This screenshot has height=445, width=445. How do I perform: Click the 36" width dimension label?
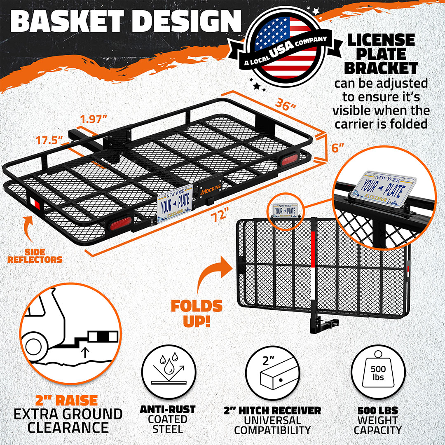286,105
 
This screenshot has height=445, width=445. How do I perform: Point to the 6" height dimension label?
338,148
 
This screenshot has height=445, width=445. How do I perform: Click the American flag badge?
286,47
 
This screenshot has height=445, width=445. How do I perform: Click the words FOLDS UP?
197,313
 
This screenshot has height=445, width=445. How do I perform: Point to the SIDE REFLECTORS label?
35,256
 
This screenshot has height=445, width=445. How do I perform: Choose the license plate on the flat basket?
175,203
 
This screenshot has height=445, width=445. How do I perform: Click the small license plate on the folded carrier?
286,210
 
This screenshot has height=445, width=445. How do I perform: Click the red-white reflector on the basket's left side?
35,202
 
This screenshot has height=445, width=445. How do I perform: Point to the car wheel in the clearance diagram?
35,347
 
